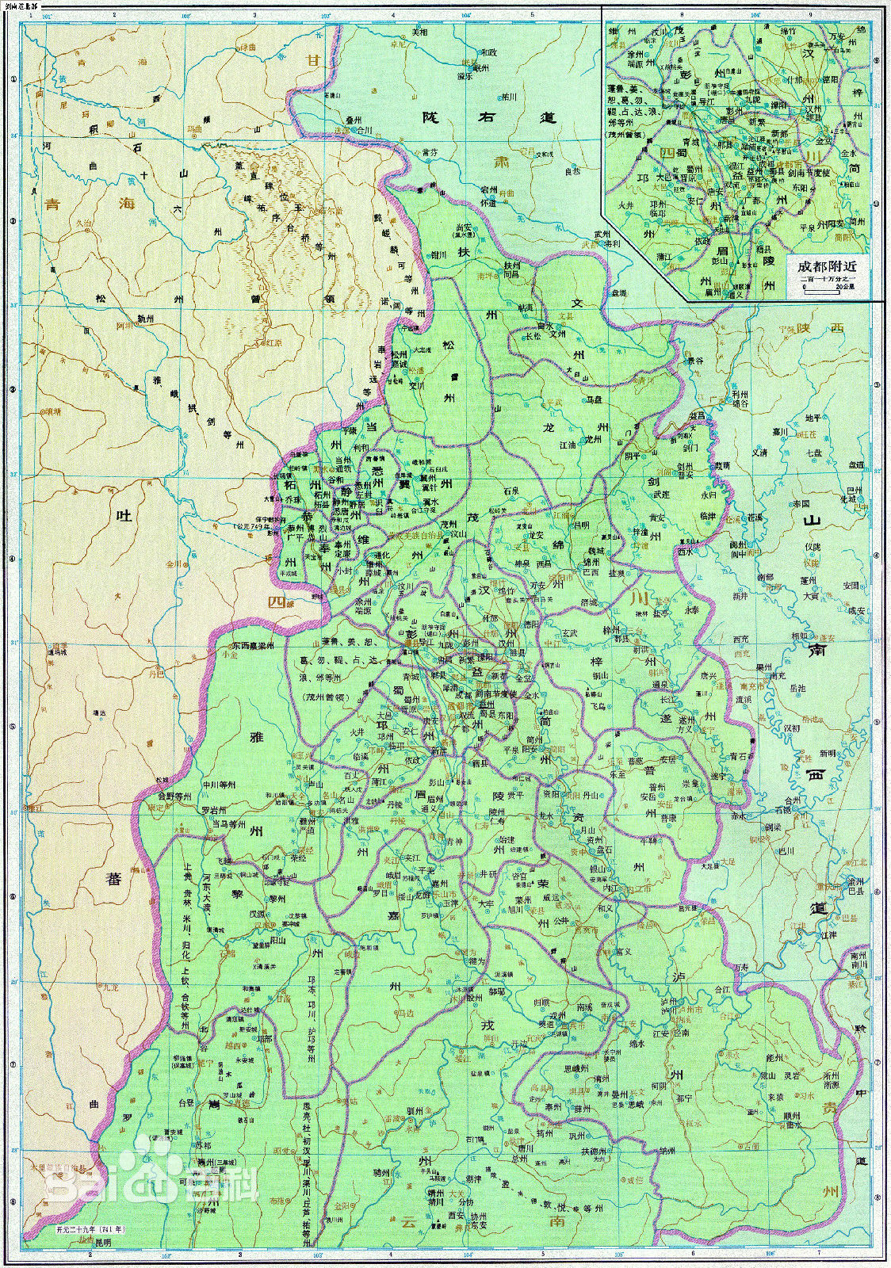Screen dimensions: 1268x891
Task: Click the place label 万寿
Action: pos(742,968)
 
